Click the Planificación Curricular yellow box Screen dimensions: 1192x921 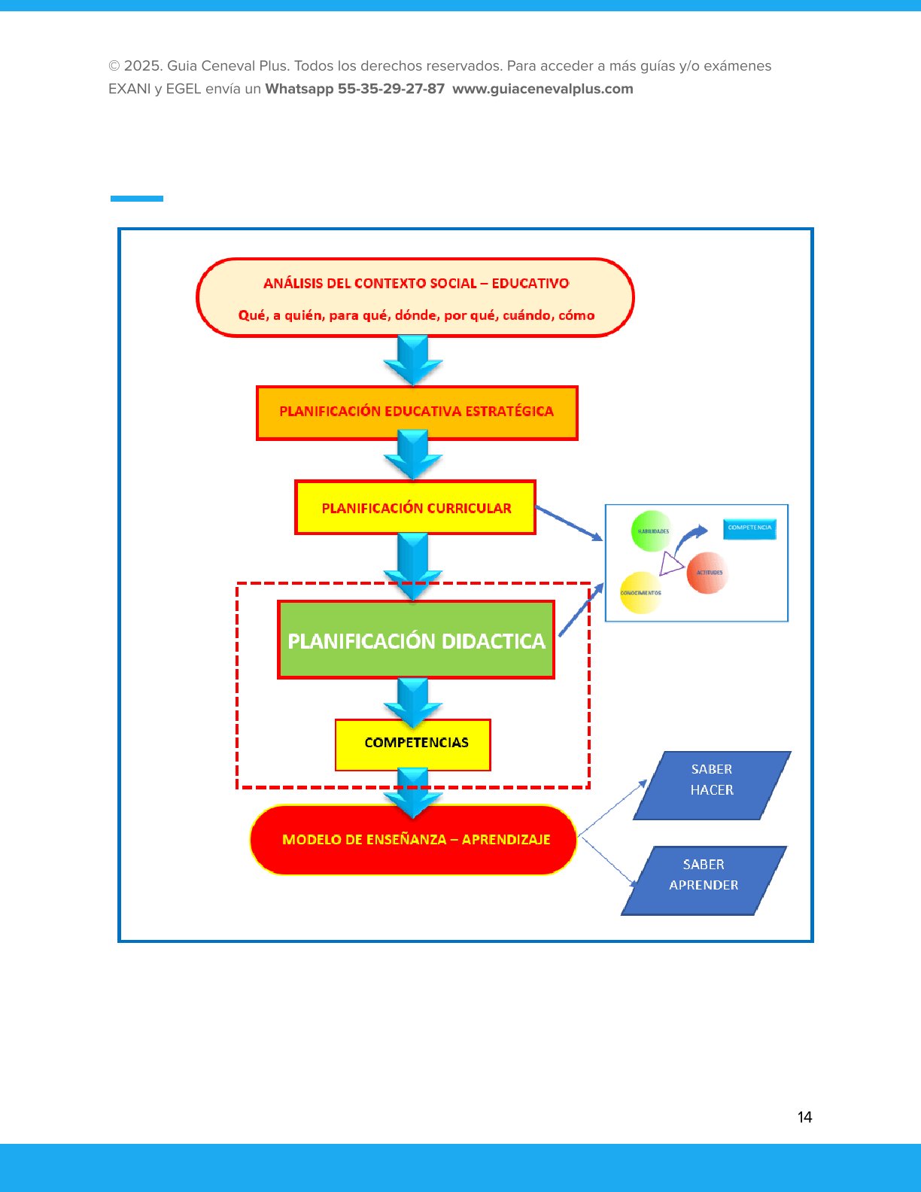415,508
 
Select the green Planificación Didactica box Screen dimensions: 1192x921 416,640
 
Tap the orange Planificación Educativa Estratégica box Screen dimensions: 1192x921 417,412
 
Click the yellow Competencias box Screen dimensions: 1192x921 413,744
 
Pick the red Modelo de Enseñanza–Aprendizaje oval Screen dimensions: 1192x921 413,840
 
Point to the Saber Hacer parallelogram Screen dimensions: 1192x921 712,785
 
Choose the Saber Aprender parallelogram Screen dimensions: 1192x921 704,880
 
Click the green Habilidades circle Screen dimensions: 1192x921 652,531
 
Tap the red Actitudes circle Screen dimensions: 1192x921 707,573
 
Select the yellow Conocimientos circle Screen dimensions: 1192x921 640,593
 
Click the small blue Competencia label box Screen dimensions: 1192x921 749,528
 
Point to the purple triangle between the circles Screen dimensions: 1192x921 670,564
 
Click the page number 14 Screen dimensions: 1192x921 804,1117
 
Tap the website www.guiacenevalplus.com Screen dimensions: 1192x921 543,89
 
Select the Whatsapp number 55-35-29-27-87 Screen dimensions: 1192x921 391,89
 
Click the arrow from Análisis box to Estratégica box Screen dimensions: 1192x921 413,360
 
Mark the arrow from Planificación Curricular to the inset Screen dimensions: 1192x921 569,523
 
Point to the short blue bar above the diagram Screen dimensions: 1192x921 137,199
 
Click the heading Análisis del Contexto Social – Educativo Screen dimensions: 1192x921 416,284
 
